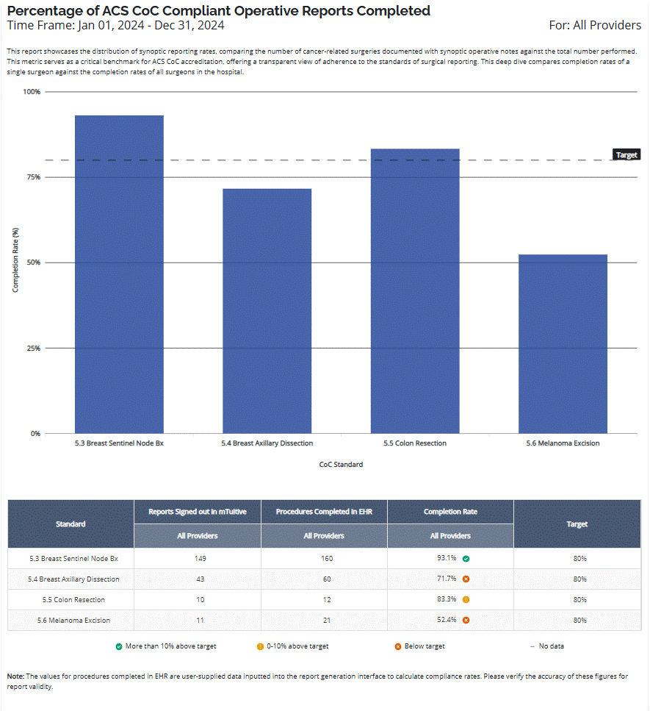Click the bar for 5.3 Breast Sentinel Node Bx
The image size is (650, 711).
coord(119,274)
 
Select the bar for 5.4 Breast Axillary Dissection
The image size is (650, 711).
coord(267,310)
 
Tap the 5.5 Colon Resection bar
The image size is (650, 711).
coord(415,290)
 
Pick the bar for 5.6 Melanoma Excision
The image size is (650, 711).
coord(563,343)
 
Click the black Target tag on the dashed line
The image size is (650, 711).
coord(626,155)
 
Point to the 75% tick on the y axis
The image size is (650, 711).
coord(32,177)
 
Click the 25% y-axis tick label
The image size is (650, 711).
coord(32,348)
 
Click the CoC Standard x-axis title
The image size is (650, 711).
coord(341,465)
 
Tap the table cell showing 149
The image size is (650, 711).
coord(197,558)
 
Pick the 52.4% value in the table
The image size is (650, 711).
coord(447,620)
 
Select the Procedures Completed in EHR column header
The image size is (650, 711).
coord(324,512)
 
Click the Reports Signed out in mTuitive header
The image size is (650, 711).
coord(197,512)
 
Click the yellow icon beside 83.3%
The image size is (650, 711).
coord(466,600)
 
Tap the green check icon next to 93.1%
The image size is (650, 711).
coord(466,559)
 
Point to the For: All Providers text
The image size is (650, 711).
coord(595,26)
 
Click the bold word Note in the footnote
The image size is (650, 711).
coord(15,675)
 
